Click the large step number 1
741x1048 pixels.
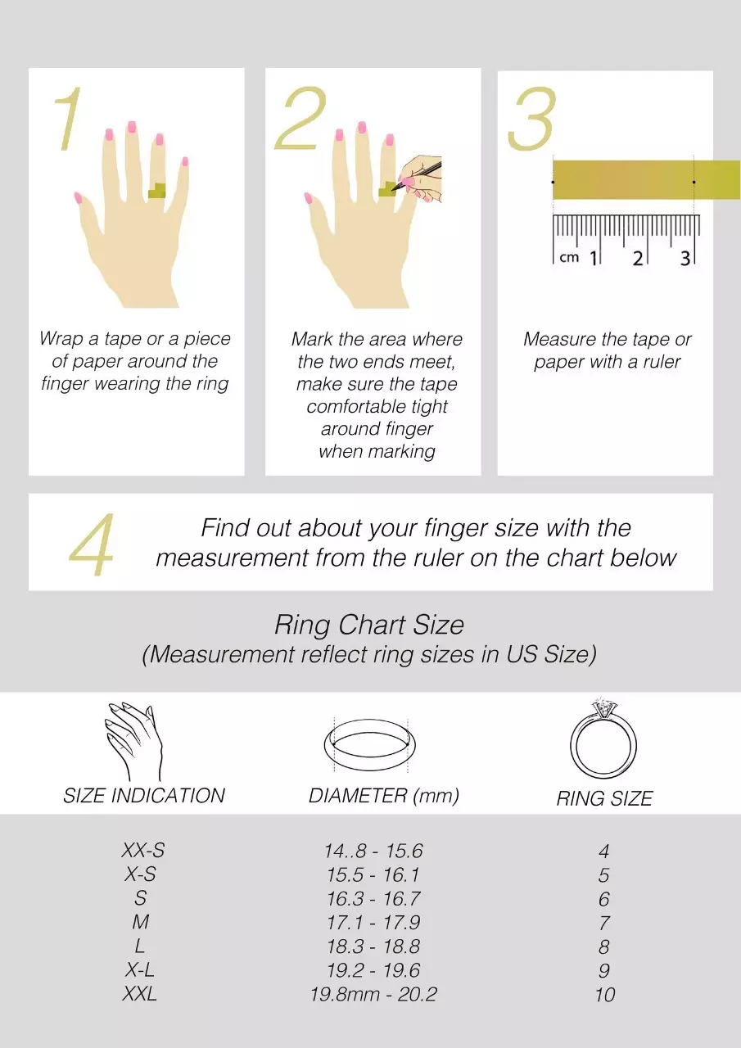[69, 119]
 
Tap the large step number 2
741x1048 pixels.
[300, 118]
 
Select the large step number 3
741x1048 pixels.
[532, 119]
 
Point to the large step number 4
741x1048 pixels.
[92, 544]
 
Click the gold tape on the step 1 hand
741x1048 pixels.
[156, 191]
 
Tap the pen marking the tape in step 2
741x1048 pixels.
[416, 176]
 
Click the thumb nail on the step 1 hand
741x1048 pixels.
[78, 198]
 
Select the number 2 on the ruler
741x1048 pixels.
[638, 258]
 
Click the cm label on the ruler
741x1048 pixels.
[569, 257]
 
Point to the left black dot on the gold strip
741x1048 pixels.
[553, 182]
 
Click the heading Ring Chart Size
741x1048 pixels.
[369, 625]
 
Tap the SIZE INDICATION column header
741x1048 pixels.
[144, 796]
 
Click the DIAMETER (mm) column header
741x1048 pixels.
[383, 796]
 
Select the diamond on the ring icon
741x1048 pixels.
[604, 707]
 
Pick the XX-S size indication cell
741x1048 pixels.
[143, 850]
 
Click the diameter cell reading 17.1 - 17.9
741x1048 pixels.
[373, 922]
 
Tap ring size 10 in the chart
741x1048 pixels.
[605, 995]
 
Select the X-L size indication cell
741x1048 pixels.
[140, 970]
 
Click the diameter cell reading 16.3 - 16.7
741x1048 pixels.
[373, 898]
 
